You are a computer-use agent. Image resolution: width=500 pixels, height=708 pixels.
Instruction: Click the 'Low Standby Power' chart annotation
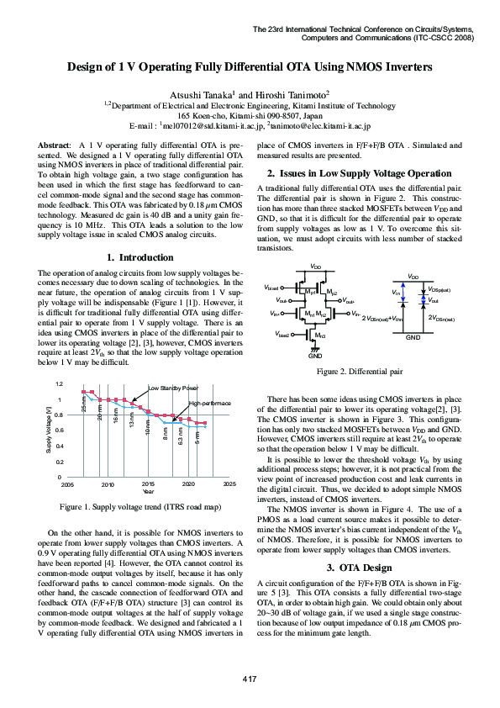(173, 388)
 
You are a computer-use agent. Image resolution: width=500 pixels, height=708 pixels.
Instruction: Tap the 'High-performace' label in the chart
(209, 404)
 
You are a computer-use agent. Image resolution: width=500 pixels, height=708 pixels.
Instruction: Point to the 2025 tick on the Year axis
(229, 485)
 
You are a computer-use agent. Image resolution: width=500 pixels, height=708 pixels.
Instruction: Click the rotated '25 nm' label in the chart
(84, 404)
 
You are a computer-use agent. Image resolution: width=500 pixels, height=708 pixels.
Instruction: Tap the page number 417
(250, 678)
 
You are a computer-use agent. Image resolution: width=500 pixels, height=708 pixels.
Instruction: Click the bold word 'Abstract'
(55, 145)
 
